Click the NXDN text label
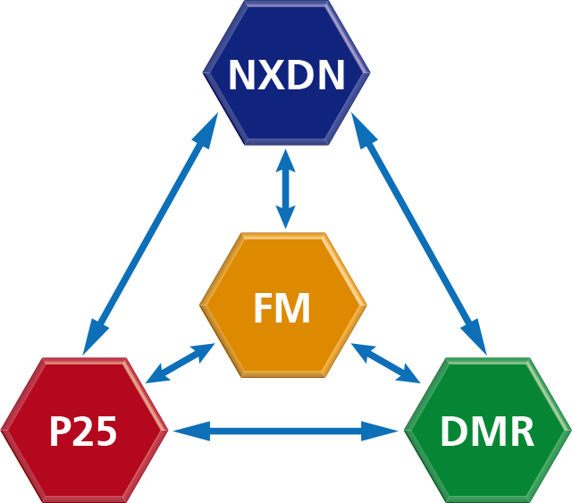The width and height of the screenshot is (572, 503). pos(286,76)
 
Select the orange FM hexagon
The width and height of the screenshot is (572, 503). pos(282,268)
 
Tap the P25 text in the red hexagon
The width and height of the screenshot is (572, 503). pos(83,432)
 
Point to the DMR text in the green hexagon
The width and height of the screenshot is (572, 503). pos(487,432)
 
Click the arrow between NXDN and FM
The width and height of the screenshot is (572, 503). pos(285,189)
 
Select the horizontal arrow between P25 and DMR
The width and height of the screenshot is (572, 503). pos(285,432)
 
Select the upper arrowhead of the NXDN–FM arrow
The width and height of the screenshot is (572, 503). pos(285,159)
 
